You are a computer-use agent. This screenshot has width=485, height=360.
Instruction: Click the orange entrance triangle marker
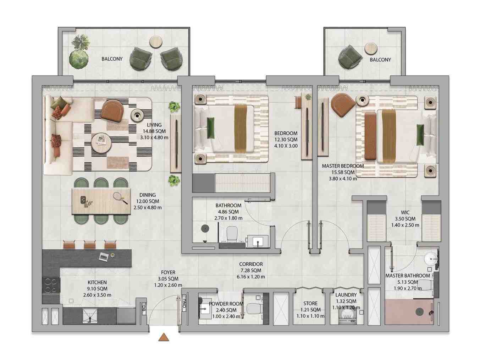pos(164,337)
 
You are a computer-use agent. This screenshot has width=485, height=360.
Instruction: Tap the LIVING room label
pos(154,125)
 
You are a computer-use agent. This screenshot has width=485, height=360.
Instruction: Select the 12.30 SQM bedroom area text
pos(286,140)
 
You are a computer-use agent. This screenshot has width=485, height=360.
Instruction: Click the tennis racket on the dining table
pos(120,198)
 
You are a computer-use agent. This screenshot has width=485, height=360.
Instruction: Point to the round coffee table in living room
pos(101,143)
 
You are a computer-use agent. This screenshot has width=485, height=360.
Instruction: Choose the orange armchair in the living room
pos(112,111)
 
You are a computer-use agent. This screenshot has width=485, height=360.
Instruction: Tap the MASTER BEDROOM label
pos(343,166)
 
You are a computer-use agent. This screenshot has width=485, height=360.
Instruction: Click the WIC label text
pos(405,212)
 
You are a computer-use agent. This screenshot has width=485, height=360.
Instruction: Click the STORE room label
pos(310,303)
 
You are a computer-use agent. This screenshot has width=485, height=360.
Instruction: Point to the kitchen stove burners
pos(51,285)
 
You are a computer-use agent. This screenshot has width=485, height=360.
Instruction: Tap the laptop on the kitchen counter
pos(104,256)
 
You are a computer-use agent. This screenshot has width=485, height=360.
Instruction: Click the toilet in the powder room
pos(254,309)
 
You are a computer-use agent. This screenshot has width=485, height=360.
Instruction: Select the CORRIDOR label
pos(251,264)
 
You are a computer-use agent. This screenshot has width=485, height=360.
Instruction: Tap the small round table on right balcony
pos(371,48)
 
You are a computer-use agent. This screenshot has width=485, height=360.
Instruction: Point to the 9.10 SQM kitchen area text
pos(97,288)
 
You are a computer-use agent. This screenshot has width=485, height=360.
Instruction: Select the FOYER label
pos(168,272)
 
